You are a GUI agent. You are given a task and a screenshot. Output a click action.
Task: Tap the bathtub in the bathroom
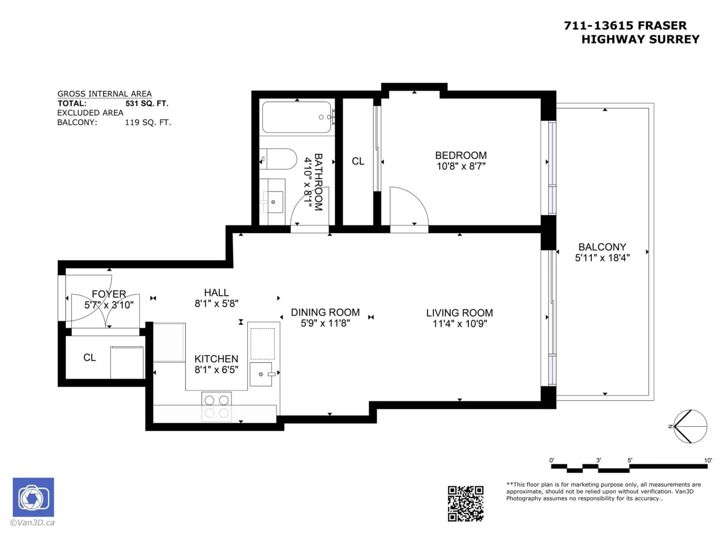297,117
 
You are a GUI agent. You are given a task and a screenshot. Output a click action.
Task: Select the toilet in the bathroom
278,159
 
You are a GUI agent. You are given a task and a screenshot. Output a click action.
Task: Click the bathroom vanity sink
273,202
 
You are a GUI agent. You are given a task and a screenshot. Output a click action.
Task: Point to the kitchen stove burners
217,407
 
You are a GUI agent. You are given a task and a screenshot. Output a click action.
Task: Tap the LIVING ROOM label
459,313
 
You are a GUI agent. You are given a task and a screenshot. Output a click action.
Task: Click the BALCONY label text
602,247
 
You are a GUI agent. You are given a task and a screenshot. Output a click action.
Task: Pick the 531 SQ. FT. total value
147,104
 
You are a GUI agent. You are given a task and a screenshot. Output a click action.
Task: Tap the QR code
465,503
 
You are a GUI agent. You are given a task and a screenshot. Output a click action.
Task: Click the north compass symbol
690,426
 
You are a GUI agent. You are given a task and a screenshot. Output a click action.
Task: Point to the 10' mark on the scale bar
708,460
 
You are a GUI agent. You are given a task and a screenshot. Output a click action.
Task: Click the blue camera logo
33,497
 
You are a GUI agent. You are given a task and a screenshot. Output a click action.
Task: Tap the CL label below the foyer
90,357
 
